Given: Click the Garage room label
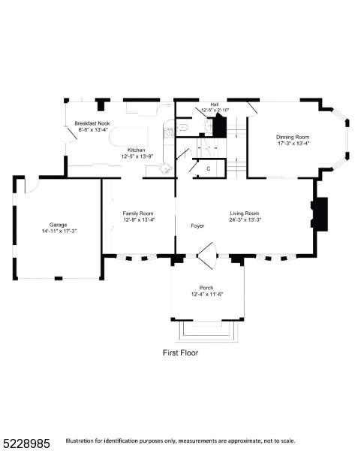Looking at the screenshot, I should tap(58, 225).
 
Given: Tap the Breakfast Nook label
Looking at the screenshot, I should tap(92, 123).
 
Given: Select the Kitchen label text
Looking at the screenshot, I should tap(136, 150).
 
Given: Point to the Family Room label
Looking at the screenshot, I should tap(138, 213).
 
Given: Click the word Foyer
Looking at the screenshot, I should tap(197, 225).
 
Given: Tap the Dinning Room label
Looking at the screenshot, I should tap(292, 137).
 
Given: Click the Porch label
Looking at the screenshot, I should tap(206, 288).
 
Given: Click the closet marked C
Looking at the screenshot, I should tap(209, 168).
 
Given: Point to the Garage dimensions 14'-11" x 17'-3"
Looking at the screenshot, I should tap(58, 231).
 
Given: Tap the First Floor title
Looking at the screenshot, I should tap(181, 352).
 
